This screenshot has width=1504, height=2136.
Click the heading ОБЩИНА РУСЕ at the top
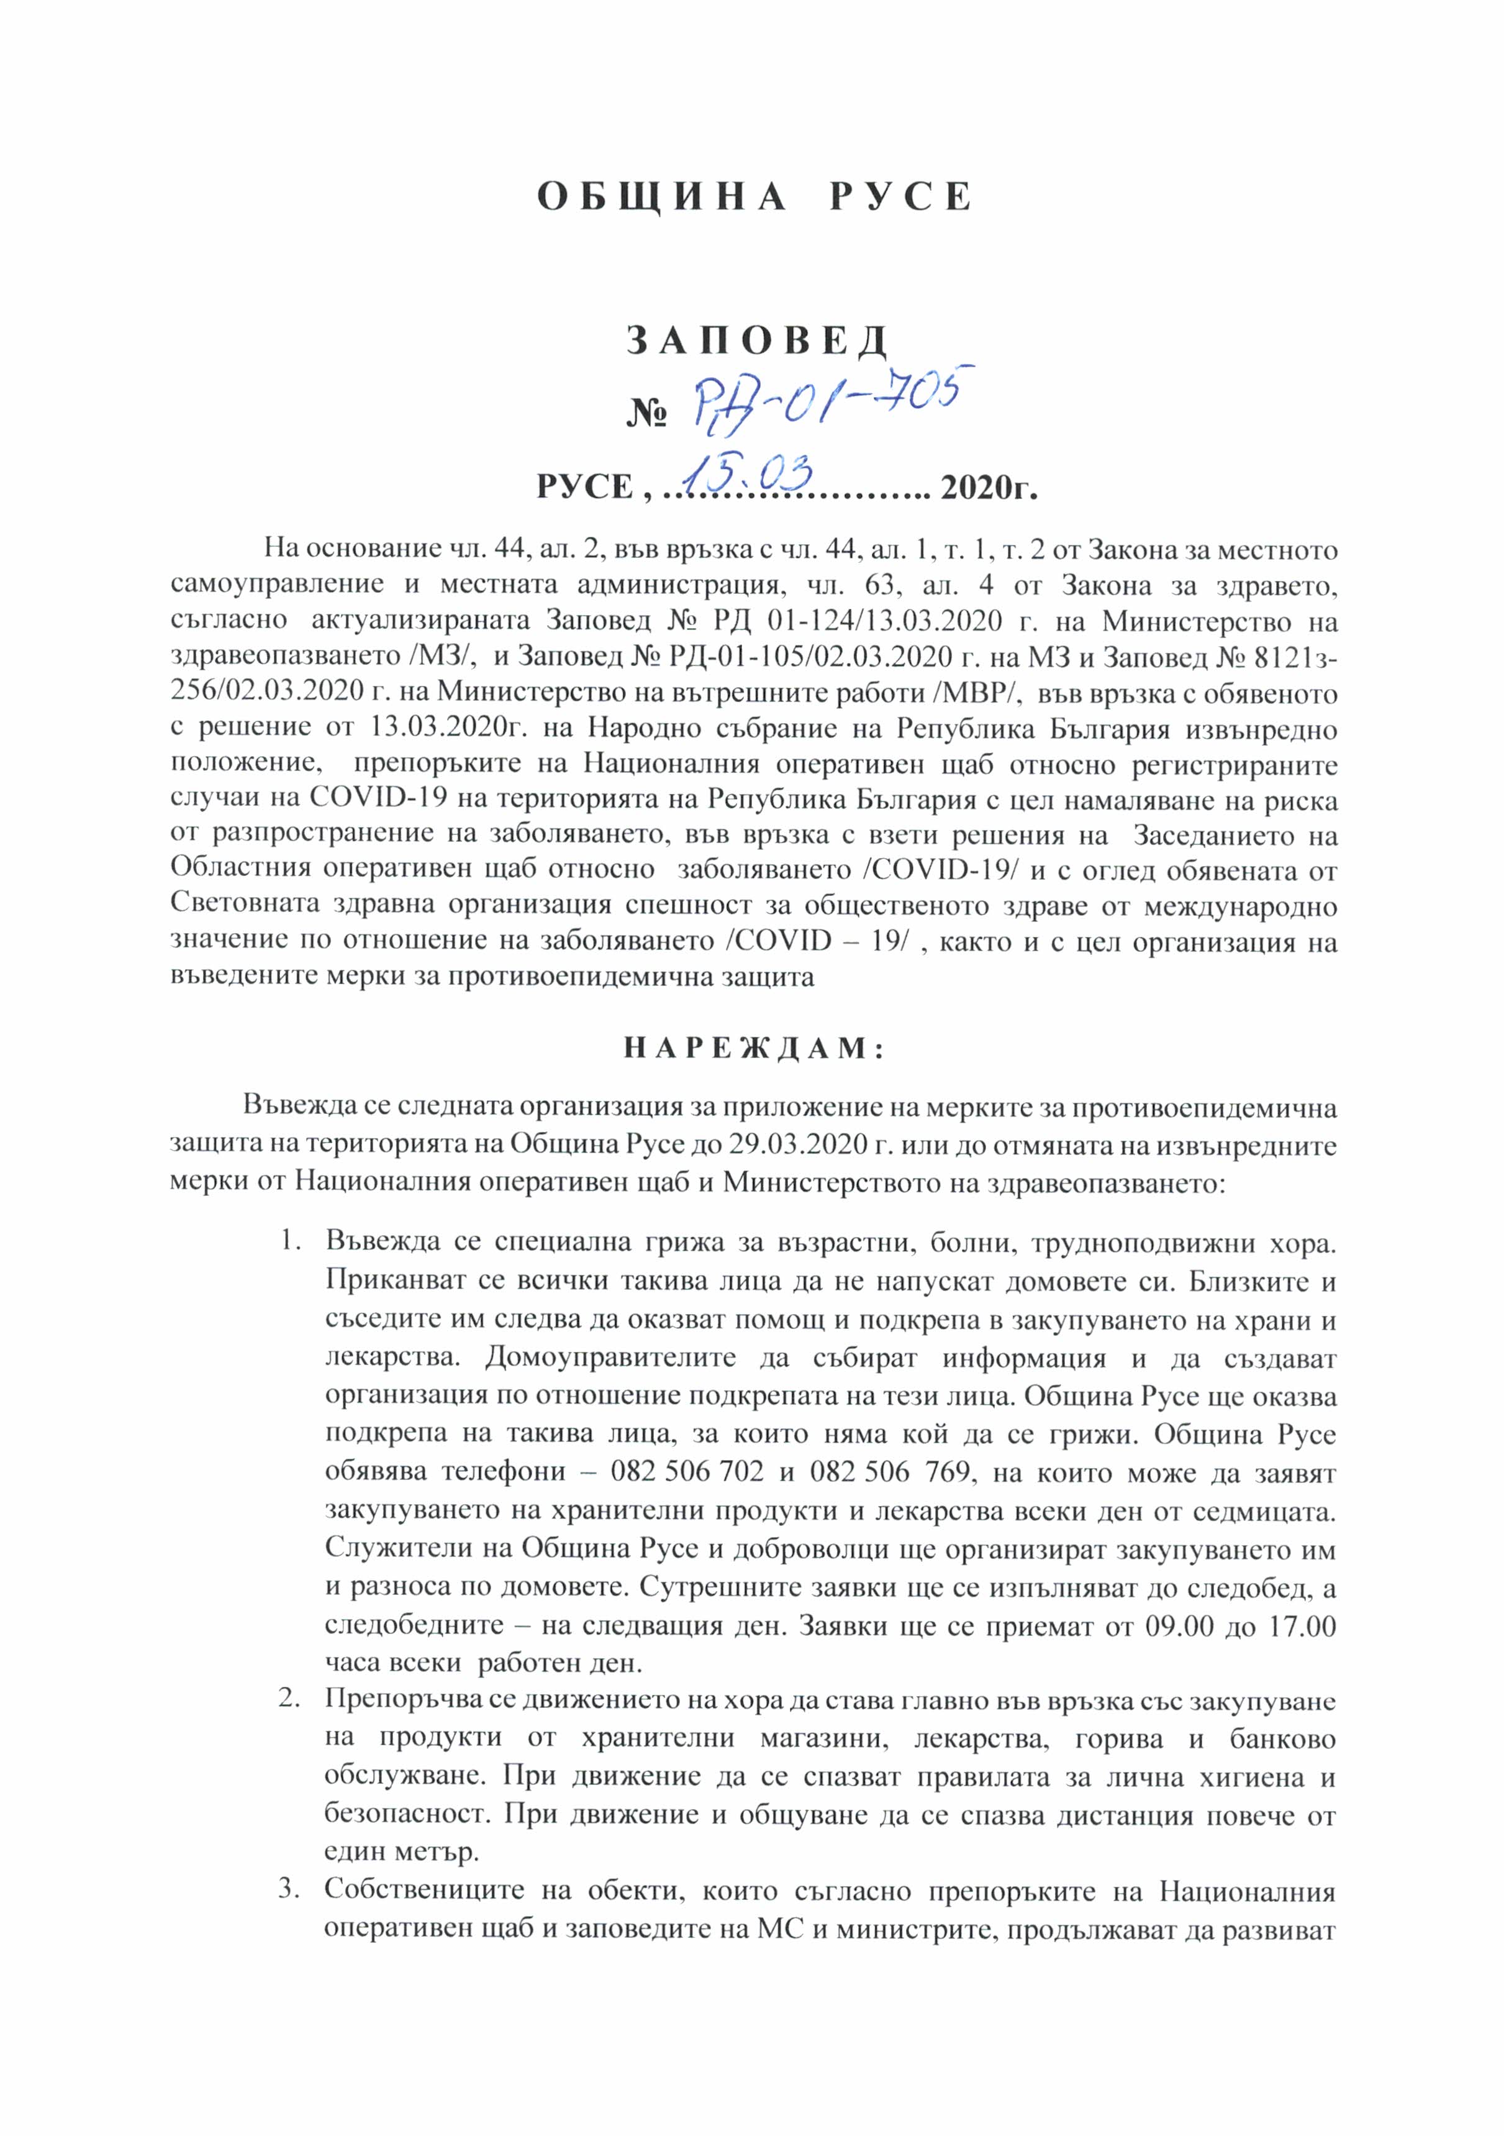pos(754,197)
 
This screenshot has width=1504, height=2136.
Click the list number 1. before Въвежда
pos(291,1241)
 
